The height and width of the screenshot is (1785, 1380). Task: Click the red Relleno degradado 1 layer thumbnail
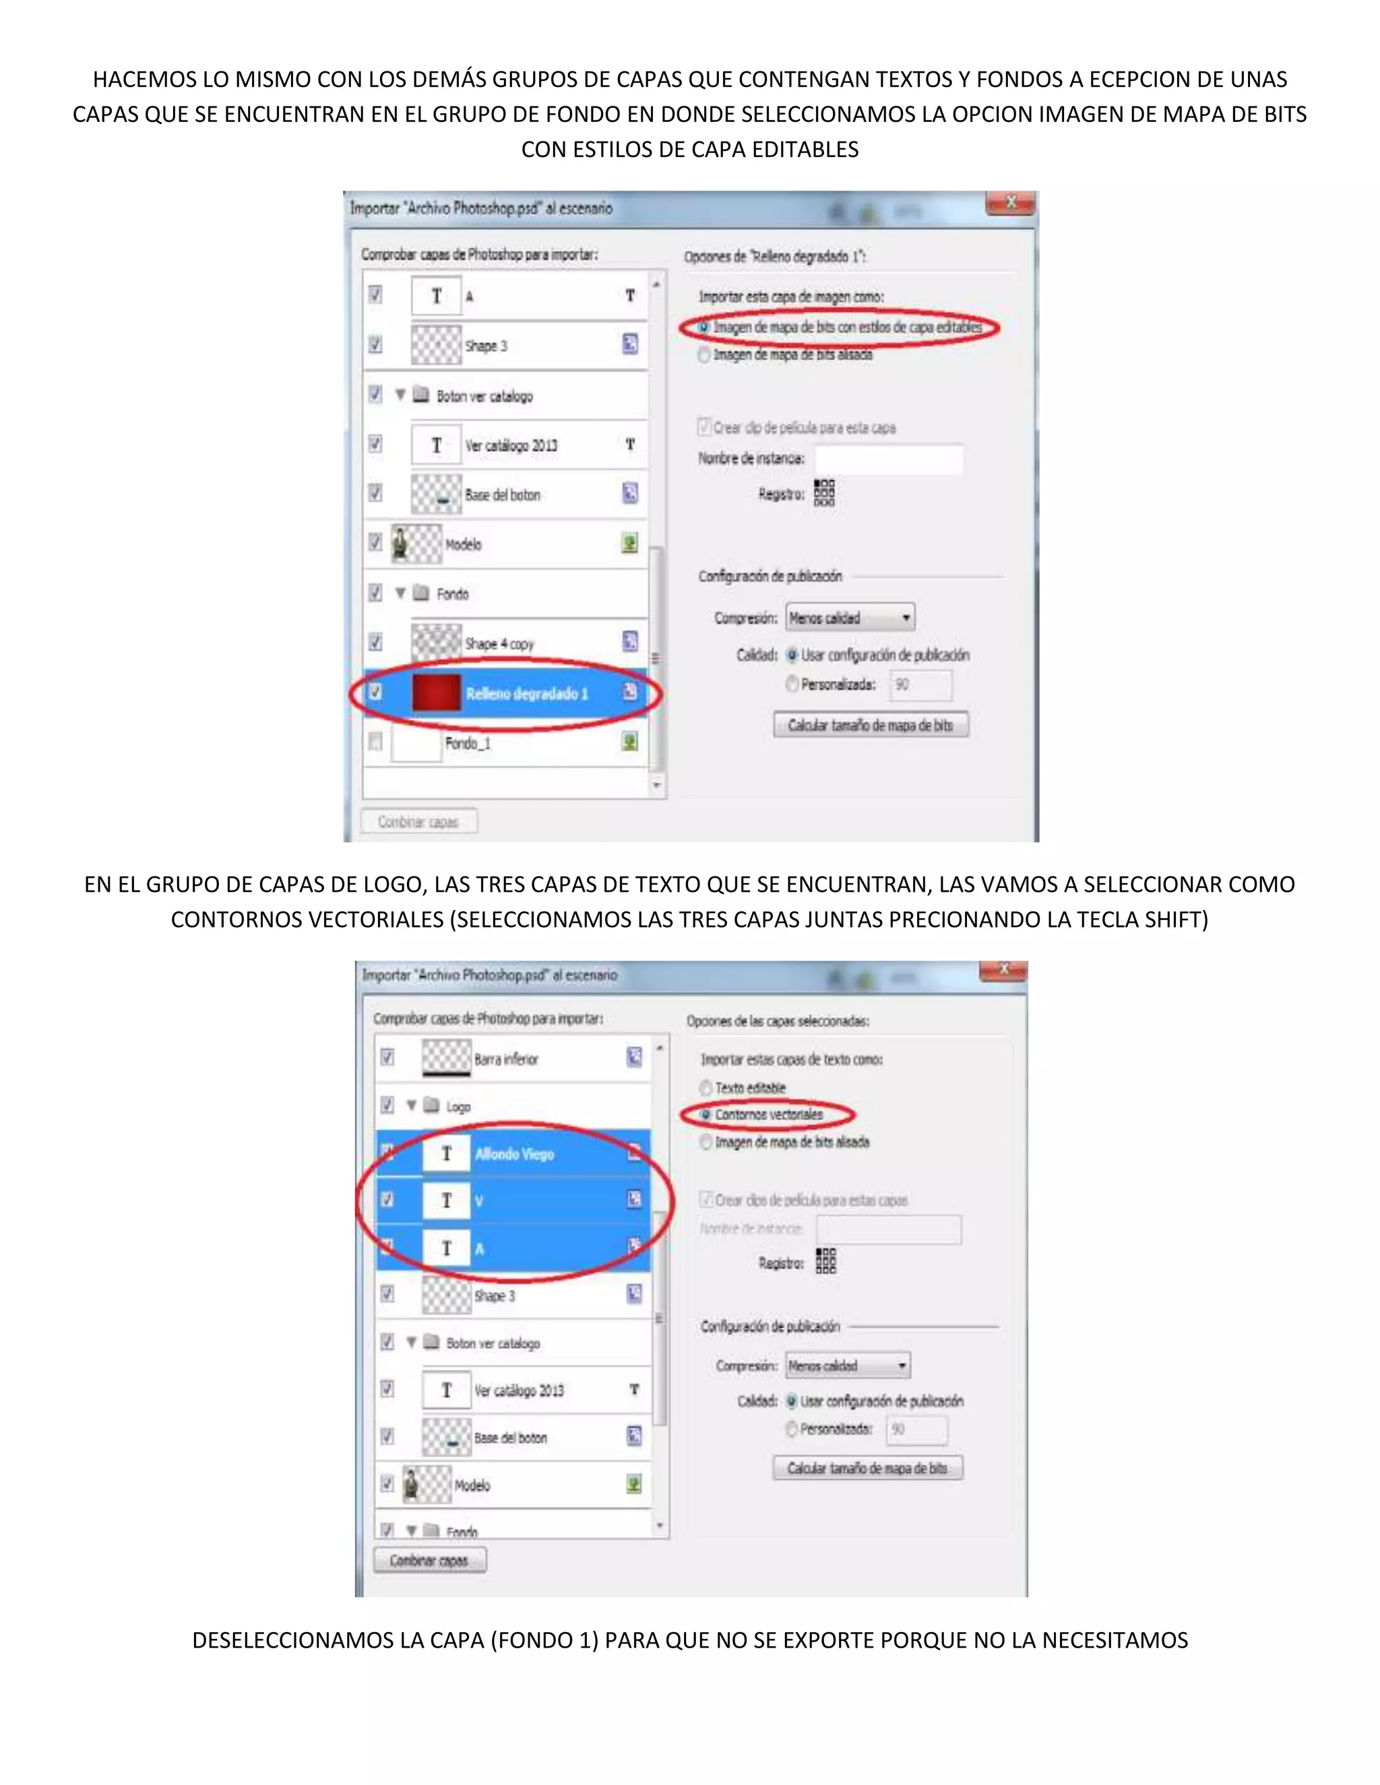(436, 692)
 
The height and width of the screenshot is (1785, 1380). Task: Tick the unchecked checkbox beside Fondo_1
(375, 742)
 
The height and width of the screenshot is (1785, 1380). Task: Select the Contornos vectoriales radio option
(705, 1115)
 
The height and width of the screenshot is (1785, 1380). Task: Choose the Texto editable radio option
(705, 1087)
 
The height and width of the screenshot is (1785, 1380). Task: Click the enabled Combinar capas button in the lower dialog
(429, 1560)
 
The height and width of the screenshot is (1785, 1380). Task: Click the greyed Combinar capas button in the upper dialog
(418, 821)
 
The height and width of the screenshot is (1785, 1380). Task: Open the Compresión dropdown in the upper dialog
(850, 618)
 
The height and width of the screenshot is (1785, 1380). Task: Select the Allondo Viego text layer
(514, 1154)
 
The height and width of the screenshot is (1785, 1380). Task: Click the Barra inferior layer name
(506, 1060)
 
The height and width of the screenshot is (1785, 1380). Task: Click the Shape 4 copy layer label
(499, 644)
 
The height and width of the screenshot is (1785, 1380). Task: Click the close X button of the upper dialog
(1011, 203)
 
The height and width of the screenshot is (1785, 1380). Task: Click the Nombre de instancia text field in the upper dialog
(888, 459)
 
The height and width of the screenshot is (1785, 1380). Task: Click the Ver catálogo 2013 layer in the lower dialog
(519, 1390)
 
